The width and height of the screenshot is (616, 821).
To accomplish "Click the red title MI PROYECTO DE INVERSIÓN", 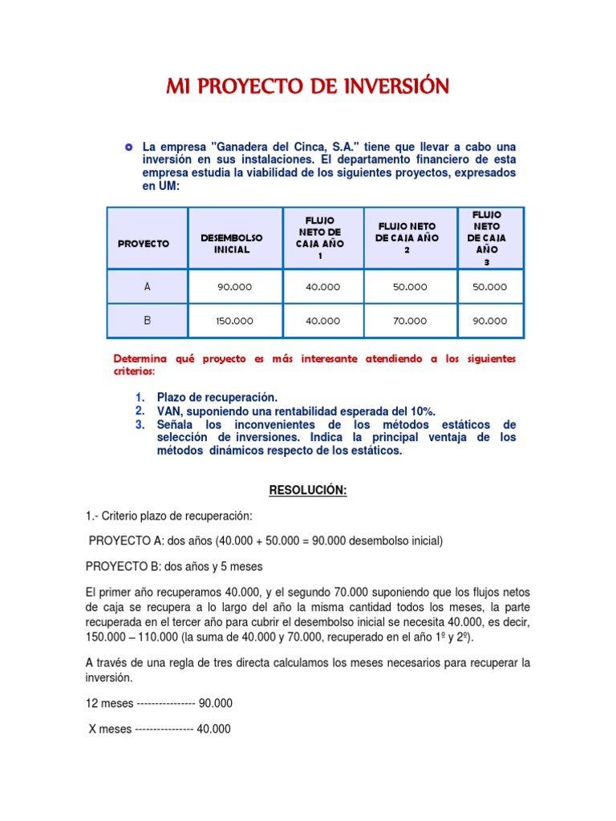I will point(307,86).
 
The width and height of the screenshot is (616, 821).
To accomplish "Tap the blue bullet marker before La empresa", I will point(128,148).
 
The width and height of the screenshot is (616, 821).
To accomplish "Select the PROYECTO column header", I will point(144,243).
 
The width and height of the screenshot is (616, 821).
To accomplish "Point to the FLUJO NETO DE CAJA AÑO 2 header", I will point(407,238).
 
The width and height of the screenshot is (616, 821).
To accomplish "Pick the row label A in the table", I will point(147,286).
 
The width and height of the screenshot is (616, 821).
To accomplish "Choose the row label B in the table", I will point(147,320).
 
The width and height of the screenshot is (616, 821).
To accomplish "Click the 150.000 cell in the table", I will point(234,321).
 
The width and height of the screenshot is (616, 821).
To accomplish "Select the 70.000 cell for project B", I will point(410,321).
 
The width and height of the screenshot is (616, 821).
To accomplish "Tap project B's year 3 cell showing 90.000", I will point(489,321).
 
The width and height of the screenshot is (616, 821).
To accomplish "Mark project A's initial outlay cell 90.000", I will point(234,287).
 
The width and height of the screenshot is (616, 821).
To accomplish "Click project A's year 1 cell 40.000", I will point(322,287).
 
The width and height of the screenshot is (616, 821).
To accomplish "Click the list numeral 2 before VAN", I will point(140,410).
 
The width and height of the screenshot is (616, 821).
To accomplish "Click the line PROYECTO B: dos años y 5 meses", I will point(174,566).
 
